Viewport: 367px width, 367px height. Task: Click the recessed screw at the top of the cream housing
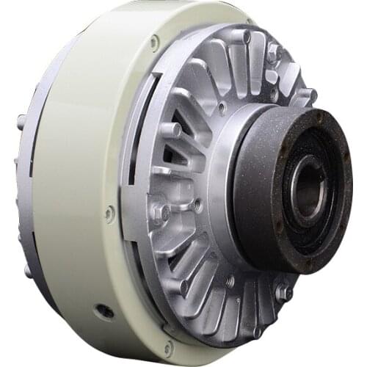click(x=155, y=42)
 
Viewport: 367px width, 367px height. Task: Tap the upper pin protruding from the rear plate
click(x=21, y=120)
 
